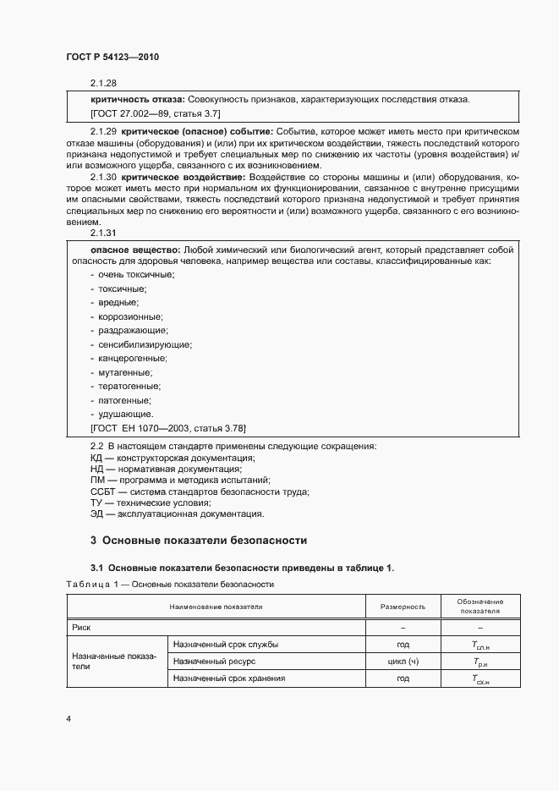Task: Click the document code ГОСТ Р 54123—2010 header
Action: (112, 58)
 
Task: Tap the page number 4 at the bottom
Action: (68, 719)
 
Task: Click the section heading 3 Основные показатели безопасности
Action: (198, 540)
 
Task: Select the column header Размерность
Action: (403, 607)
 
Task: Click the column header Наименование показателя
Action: (216, 607)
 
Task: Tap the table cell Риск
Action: (82, 628)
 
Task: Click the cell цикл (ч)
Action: (403, 661)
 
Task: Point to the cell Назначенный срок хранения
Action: (229, 678)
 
